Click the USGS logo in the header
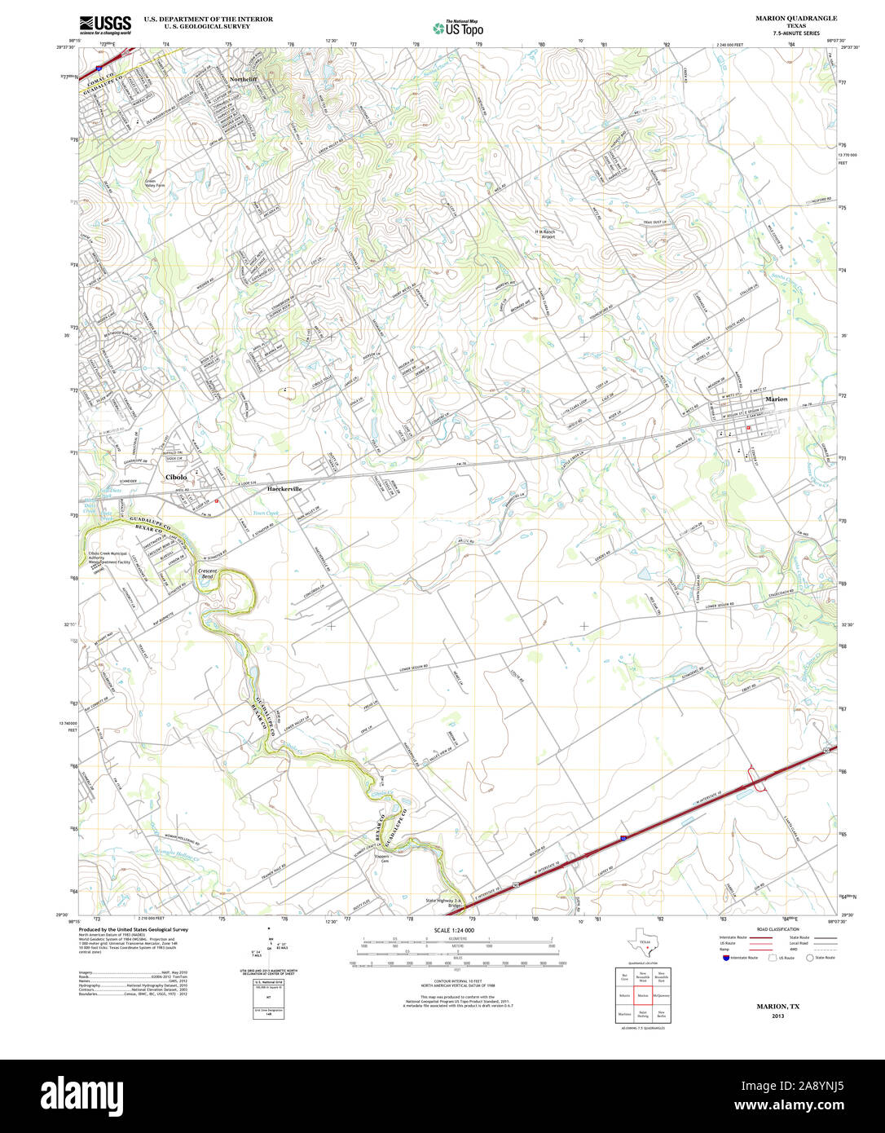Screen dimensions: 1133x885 (105, 24)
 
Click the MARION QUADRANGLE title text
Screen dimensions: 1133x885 (795, 18)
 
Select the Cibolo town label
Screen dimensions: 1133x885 (176, 477)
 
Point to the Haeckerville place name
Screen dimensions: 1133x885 (284, 488)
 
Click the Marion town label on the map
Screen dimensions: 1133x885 (777, 399)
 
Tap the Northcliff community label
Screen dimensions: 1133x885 (243, 79)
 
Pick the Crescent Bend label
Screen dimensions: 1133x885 (208, 574)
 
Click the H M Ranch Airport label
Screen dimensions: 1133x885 (545, 234)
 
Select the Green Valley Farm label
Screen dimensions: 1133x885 (154, 183)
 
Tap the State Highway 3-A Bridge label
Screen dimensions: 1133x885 (444, 903)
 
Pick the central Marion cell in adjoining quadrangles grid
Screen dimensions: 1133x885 (643, 995)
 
